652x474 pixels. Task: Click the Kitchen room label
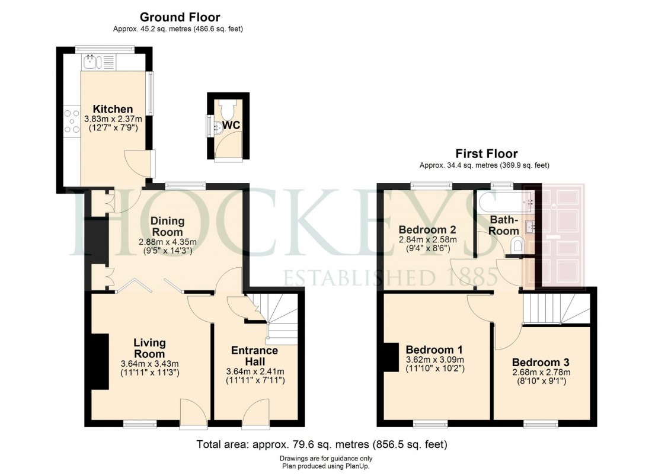pos(113,109)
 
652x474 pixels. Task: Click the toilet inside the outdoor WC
pos(227,110)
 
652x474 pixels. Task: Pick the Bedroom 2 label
pos(427,229)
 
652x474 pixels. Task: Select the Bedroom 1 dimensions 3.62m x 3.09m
pos(434,360)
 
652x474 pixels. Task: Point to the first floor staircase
pos(549,309)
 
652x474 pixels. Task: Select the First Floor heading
pos(485,154)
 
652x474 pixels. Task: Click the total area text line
pos(321,444)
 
